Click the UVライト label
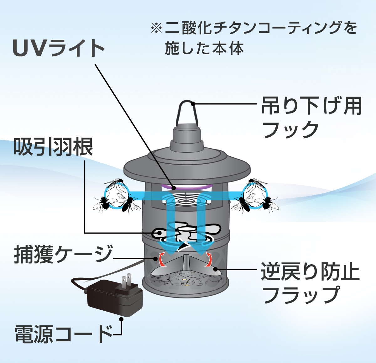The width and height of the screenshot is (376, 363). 59,49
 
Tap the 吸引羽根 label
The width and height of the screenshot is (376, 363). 53,147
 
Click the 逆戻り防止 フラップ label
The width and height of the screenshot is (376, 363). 310,284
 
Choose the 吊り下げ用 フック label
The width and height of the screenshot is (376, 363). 312,118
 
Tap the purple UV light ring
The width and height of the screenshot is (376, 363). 187,187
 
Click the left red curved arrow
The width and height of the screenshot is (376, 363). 162,259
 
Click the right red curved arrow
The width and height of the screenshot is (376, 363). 208,259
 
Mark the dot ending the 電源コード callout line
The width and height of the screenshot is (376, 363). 121,319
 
